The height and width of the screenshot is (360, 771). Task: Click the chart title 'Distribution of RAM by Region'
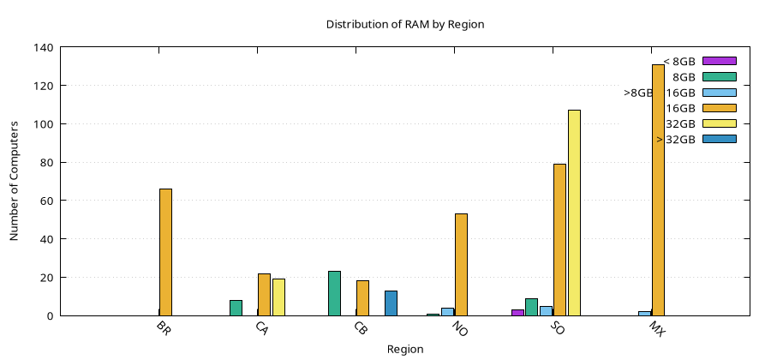[x=405, y=25]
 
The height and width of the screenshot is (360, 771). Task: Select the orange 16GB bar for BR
[x=165, y=252]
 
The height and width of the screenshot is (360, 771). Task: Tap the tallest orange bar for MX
[x=658, y=189]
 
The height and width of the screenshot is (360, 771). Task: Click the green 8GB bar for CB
[x=334, y=293]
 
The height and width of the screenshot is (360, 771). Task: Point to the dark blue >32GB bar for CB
[x=391, y=303]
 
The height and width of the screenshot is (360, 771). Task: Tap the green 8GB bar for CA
[x=236, y=308]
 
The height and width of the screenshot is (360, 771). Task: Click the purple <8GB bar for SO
[x=517, y=312]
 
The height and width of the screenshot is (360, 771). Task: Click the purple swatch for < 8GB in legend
[x=719, y=61]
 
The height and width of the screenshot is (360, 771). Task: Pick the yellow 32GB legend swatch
[x=719, y=123]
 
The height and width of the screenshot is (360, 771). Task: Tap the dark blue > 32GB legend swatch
[x=719, y=139]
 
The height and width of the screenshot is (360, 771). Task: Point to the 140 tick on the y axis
[x=44, y=48]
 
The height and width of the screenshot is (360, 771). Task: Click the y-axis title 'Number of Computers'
[x=15, y=181]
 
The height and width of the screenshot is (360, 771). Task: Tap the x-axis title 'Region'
[x=405, y=350]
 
